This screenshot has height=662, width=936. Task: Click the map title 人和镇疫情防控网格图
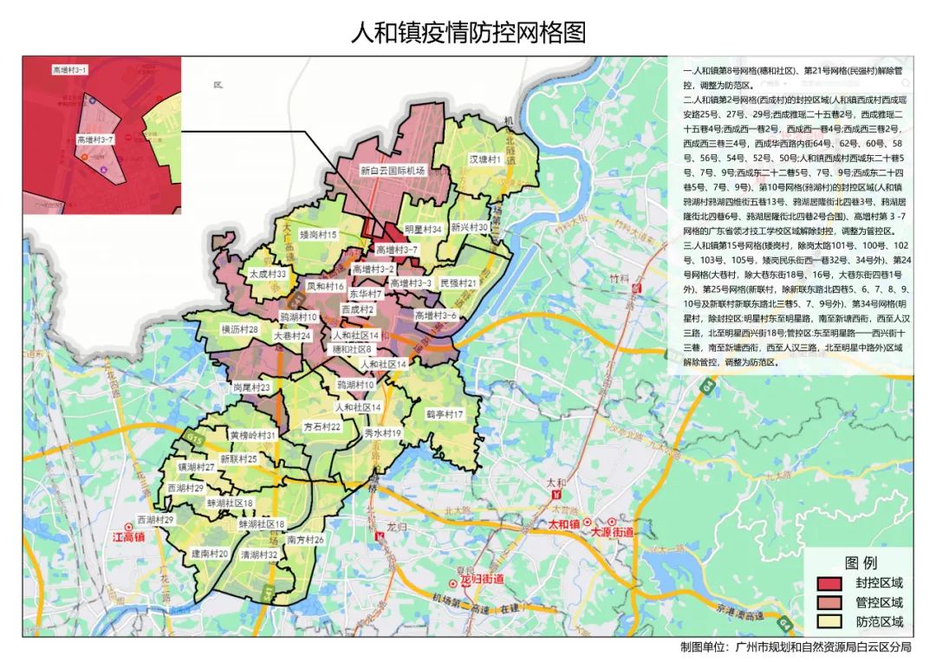(x=468, y=33)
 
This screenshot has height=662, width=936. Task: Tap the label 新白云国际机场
(x=393, y=172)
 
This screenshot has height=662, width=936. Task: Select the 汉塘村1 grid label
(x=486, y=160)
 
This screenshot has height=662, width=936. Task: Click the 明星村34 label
(x=424, y=230)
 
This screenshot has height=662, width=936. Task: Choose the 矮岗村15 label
(x=318, y=235)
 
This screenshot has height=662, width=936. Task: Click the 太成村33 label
(x=268, y=273)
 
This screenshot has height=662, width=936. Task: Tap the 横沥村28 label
(x=240, y=330)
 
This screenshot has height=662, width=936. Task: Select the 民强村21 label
(x=459, y=283)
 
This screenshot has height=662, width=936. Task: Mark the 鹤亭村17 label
(x=445, y=415)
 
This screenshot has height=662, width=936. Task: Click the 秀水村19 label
(x=382, y=432)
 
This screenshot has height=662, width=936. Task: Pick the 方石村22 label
(x=322, y=427)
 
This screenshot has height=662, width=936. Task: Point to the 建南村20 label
(x=210, y=554)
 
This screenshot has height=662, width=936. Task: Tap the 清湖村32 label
(x=259, y=555)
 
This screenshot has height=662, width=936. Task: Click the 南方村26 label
(x=305, y=540)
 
